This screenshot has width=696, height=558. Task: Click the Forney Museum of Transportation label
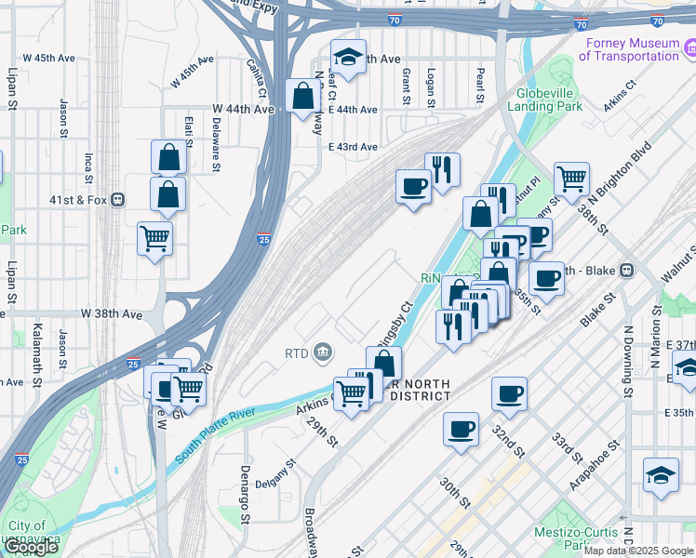tap(630, 49)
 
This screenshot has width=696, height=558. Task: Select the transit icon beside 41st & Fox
tap(117, 200)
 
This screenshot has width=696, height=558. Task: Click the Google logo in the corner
tap(31, 547)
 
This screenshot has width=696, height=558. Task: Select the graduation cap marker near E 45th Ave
tap(349, 58)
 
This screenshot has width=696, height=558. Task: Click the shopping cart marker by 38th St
tap(571, 177)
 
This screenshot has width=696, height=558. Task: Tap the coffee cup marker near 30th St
tap(462, 430)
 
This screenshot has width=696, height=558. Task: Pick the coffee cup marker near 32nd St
tap(509, 394)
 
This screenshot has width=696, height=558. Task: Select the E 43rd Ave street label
tap(353, 147)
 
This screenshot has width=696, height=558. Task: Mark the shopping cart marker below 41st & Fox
tap(154, 238)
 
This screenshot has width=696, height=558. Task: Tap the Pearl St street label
tap(480, 85)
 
